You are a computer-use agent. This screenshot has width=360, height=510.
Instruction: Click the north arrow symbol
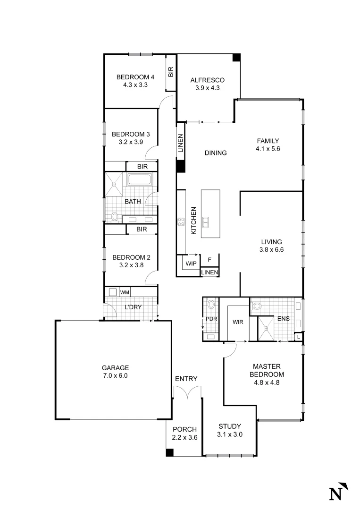tap(339, 491)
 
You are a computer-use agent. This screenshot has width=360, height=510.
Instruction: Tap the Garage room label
tap(115, 368)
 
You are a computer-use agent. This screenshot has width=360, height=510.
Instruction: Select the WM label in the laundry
tap(125, 292)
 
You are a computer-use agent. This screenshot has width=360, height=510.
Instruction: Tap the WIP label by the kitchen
tap(191, 263)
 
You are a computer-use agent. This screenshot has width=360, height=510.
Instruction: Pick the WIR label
tap(237, 323)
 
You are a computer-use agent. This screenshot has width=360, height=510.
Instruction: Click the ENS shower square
tap(266, 328)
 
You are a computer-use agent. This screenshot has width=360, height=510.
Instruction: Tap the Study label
tap(230, 426)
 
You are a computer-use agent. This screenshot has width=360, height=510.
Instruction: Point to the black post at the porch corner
tap(170, 452)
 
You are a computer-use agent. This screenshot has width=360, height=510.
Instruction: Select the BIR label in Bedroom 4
tap(170, 72)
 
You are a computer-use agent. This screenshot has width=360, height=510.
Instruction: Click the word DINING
tap(216, 153)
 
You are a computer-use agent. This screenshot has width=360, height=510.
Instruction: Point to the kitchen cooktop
tap(180, 221)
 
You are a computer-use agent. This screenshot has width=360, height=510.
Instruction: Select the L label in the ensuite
tap(298, 337)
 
